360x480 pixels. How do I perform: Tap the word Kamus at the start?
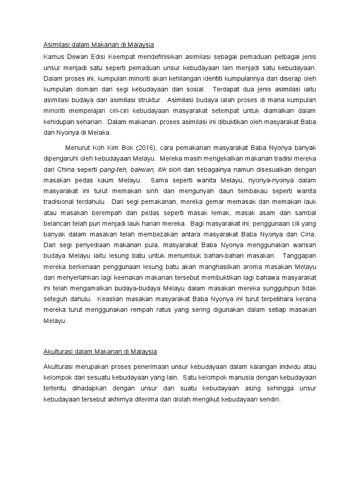point(48,57)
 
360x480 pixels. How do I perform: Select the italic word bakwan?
point(143,169)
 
